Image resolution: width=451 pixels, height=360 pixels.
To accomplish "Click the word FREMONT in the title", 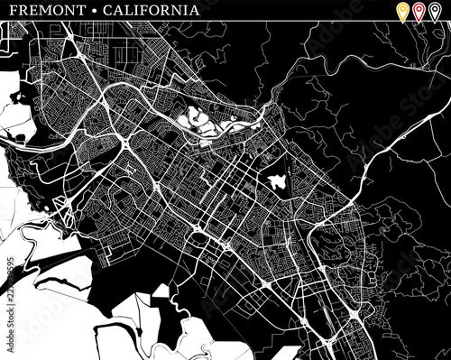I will [x=38, y=11].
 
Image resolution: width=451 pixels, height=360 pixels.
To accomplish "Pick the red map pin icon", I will [x=419, y=10].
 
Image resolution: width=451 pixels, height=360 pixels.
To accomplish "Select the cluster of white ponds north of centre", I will [x=200, y=121].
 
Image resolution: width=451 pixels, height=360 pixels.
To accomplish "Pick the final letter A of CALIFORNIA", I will [x=195, y=11].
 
